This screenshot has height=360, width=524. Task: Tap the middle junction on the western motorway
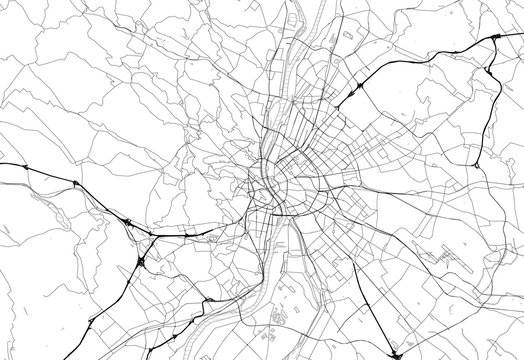tap(76, 182)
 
